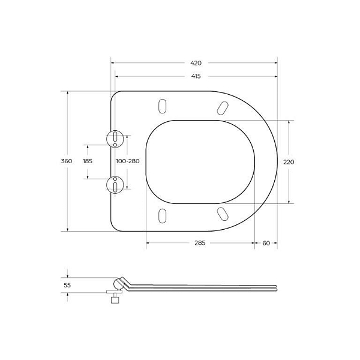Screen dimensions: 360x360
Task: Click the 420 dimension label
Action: pyautogui.click(x=196, y=62)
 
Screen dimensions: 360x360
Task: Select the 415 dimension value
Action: pyautogui.click(x=196, y=76)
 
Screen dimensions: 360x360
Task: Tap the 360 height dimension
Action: pyautogui.click(x=67, y=161)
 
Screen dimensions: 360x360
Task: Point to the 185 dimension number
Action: pyautogui.click(x=88, y=161)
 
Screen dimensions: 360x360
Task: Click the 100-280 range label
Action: pyautogui.click(x=127, y=161)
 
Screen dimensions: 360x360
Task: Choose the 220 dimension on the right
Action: pyautogui.click(x=289, y=161)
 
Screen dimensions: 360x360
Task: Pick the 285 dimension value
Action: pyautogui.click(x=200, y=243)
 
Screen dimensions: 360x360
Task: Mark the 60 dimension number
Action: pyautogui.click(x=266, y=243)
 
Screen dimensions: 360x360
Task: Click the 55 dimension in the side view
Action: pyautogui.click(x=67, y=286)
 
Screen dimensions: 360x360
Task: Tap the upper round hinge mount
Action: pyautogui.click(x=114, y=139)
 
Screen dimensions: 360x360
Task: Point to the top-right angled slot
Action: pyautogui.click(x=221, y=108)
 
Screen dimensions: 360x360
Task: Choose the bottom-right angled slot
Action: pyautogui.click(x=221, y=214)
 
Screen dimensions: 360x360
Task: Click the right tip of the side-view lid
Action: pyautogui.click(x=276, y=288)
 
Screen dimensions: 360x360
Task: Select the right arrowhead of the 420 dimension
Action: pyautogui.click(x=275, y=62)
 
